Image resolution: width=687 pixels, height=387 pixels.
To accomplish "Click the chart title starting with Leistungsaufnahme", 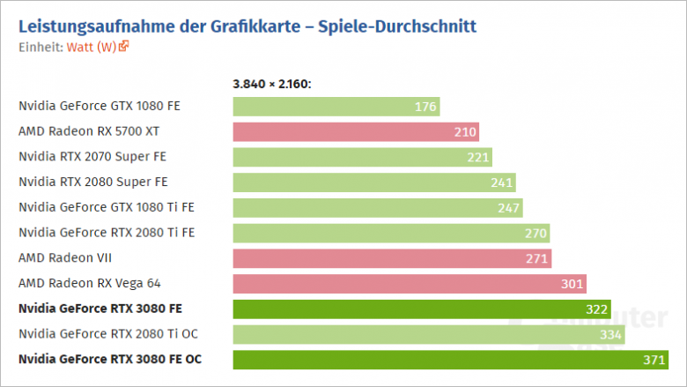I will coord(247,26).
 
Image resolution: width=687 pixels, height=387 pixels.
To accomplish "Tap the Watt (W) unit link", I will coord(92,47).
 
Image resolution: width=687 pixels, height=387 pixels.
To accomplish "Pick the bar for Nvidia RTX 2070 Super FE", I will coord(362,157).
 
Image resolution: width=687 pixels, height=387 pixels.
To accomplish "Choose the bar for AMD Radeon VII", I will coord(392,258).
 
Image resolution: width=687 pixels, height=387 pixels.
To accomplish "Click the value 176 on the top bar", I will coord(425,107).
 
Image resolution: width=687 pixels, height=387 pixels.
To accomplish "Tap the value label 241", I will coord(501,182).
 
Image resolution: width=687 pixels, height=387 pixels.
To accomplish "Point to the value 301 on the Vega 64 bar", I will coord(572,284).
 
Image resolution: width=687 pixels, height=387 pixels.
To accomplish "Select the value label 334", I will coord(610,334).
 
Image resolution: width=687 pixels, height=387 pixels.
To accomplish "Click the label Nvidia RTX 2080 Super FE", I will coord(92,182).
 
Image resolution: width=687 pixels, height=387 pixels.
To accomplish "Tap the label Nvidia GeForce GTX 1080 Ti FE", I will coord(107,207).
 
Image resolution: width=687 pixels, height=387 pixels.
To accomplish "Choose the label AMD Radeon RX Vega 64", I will coord(90,283).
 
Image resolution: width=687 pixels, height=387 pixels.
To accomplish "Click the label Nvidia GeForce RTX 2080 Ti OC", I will coord(107,334).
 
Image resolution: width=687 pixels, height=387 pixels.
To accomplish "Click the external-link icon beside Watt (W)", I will coord(124,46).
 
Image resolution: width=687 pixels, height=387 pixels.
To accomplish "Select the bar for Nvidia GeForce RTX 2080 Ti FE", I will coord(391,233).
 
